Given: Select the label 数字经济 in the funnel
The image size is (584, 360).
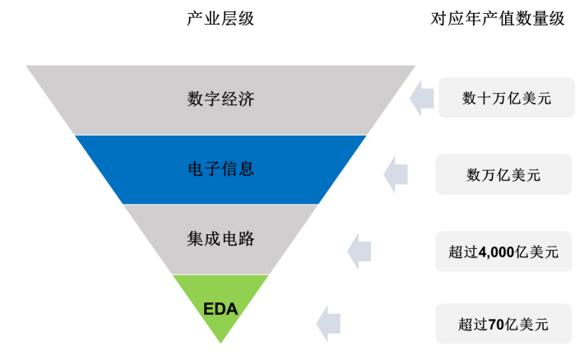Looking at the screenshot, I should click(x=220, y=99).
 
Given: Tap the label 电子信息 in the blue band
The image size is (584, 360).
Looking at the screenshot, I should click(x=220, y=168).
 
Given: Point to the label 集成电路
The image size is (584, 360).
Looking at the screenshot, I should click(x=220, y=238).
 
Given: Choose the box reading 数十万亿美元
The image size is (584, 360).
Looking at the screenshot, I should click(x=504, y=99).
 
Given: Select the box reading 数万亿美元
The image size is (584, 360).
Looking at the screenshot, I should click(x=504, y=175).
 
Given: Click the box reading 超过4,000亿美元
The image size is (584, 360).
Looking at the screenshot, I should click(x=504, y=251).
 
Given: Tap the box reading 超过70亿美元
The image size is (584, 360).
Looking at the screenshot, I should click(x=504, y=325).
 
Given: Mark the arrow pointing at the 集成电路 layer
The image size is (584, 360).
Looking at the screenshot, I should click(x=359, y=251).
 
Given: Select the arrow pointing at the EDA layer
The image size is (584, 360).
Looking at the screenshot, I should click(x=329, y=323).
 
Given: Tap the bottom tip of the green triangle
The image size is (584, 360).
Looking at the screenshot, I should click(x=220, y=342).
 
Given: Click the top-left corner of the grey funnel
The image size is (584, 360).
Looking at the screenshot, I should click(x=28, y=67).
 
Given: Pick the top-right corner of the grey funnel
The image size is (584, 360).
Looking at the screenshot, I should click(x=415, y=67).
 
